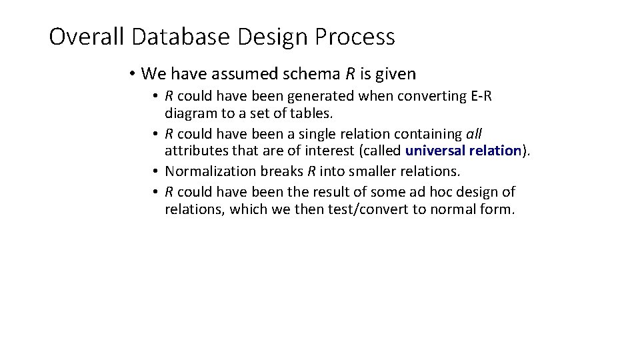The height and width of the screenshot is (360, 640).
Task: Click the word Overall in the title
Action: click(87, 37)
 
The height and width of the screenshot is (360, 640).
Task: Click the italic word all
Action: click(473, 134)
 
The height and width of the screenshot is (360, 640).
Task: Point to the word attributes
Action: click(194, 151)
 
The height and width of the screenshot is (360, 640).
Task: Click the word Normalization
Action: click(211, 171)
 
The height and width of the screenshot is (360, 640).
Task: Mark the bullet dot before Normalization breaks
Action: click(154, 171)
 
